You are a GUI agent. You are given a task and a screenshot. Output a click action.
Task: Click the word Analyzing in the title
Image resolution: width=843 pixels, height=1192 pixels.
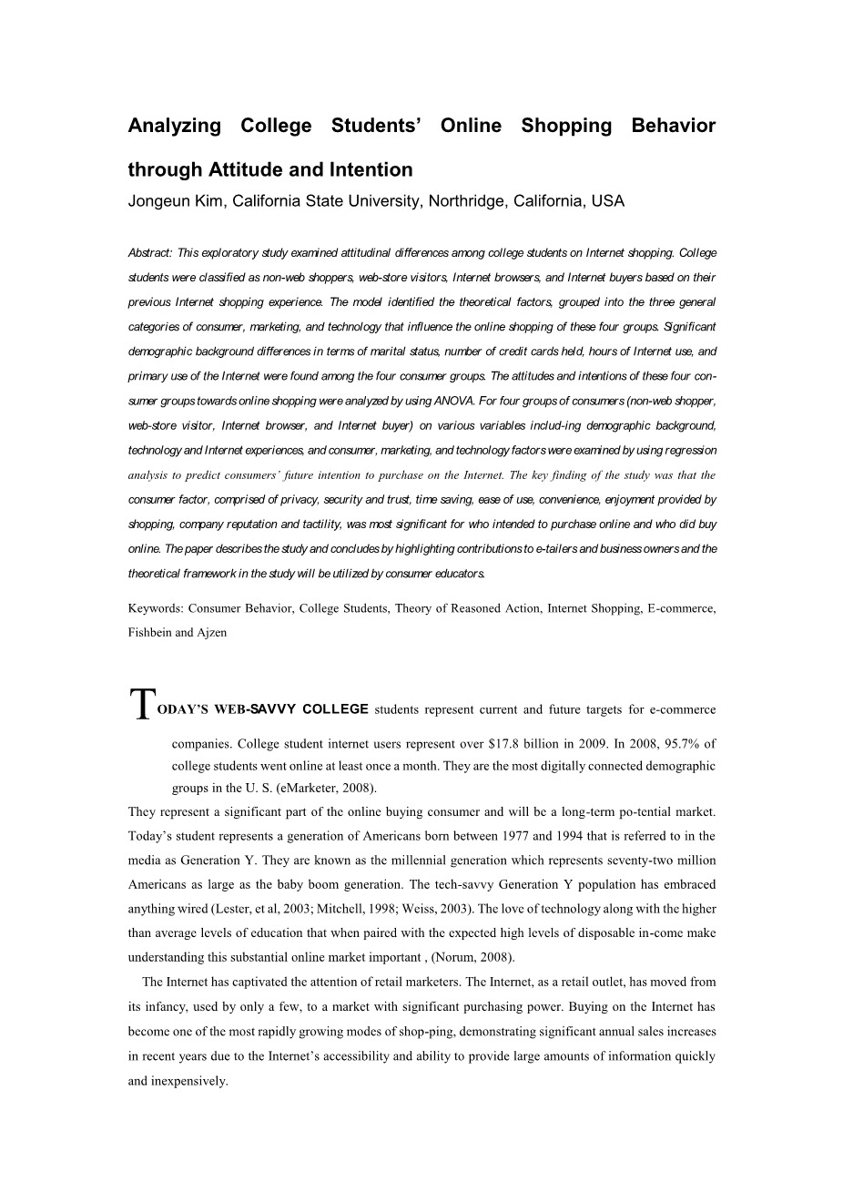[x=174, y=126]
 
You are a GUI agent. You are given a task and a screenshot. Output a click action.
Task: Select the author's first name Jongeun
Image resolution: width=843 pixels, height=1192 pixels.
[x=157, y=201]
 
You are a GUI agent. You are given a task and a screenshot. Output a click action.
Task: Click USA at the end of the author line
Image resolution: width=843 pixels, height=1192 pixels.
[x=608, y=201]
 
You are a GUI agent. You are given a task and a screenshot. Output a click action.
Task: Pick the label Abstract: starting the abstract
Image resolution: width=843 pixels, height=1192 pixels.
[x=150, y=253]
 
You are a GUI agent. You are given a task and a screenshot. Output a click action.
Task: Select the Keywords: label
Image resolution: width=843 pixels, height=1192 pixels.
[x=157, y=608]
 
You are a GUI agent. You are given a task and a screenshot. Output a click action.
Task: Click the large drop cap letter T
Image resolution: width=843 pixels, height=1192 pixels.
[x=140, y=704]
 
